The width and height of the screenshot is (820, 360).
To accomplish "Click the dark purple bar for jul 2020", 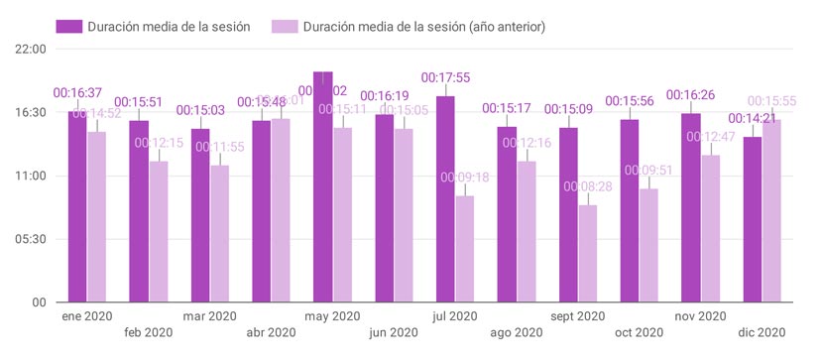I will [x=446, y=198].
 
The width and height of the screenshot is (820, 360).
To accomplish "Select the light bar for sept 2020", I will [x=588, y=253].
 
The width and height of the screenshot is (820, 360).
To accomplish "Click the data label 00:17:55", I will [x=446, y=76].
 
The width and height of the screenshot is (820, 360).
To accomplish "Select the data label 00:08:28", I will [x=588, y=186].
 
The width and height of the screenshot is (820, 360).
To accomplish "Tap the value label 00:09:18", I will [x=465, y=178].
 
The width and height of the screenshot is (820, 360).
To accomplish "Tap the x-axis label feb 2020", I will [x=148, y=333].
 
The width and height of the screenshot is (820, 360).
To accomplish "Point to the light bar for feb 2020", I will [x=159, y=231].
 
